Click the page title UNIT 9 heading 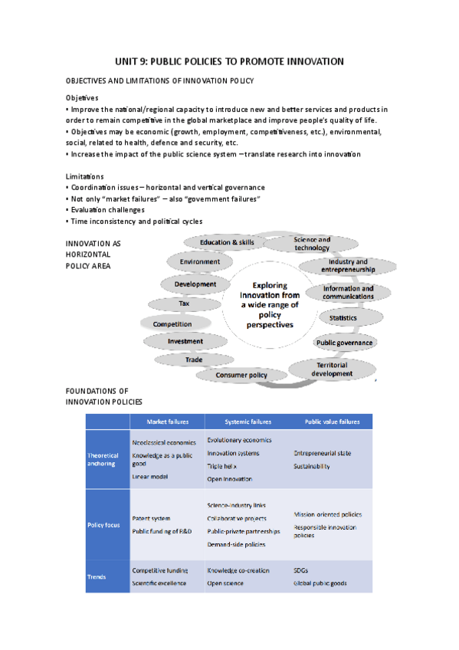point(229,61)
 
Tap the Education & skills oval point(227,242)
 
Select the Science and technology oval point(312,244)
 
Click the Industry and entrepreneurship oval point(348,266)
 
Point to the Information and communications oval point(348,293)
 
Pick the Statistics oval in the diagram point(343,317)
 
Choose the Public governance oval point(344,343)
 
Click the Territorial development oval point(332,369)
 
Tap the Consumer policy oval point(241,375)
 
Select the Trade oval point(193,359)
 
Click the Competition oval point(172,324)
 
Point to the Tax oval point(184,304)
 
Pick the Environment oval point(200,262)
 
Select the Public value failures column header point(332,422)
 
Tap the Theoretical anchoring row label point(103,459)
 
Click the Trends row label point(97,576)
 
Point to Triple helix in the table point(222,465)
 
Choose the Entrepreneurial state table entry point(322,453)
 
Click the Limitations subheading point(84,176)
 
